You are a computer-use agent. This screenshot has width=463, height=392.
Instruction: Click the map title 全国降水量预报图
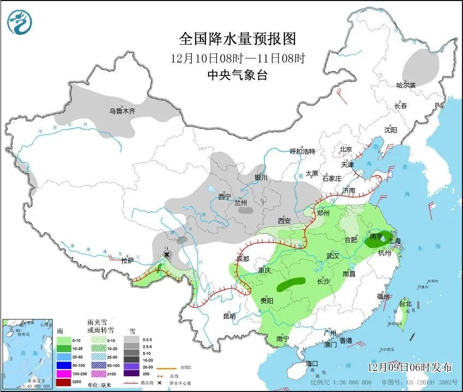pos(237,39)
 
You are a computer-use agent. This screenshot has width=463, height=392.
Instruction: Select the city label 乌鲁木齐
pos(122,111)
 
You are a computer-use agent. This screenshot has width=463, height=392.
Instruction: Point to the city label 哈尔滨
pos(405,85)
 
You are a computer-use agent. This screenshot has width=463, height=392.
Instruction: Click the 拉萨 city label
pos(127,261)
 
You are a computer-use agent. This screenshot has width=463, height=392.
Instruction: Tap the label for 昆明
pos(229,316)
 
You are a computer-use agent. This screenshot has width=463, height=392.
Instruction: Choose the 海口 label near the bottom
pos(312,364)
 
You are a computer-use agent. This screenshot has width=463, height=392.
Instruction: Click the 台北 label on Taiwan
pos(405,303)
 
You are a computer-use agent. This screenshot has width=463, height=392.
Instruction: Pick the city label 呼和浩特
pos(302,151)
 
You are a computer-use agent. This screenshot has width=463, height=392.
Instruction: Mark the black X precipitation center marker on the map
pos(167,254)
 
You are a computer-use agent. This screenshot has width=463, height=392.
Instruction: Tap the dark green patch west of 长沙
pos(291,284)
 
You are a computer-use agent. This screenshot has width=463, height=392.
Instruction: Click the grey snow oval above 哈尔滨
pos(421,66)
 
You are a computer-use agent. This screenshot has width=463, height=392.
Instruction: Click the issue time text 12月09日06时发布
pos(413,366)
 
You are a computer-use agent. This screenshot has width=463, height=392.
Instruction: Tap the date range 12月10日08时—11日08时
pos(237,57)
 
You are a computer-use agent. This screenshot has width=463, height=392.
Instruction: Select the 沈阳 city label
pos(390,130)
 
